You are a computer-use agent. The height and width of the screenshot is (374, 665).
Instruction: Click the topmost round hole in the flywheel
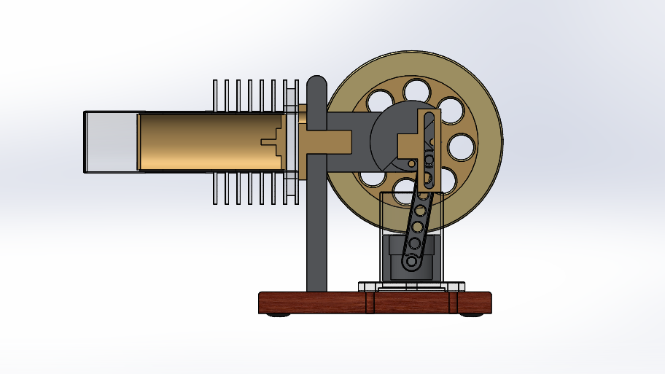tap(416, 90)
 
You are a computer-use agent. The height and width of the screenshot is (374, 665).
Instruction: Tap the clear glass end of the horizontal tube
tap(110, 141)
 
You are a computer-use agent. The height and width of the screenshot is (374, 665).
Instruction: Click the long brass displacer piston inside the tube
tap(204, 141)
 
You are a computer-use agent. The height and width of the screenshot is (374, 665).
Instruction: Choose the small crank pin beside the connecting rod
tap(411, 164)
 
